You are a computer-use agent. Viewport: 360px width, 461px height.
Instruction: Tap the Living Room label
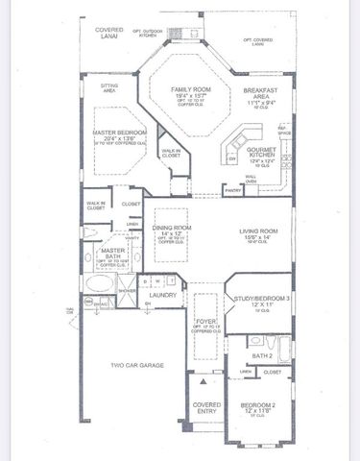259,231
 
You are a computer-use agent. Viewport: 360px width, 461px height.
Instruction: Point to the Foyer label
204,323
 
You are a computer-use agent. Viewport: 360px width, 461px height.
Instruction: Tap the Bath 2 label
261,355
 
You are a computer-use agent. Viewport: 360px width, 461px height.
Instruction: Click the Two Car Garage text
135,366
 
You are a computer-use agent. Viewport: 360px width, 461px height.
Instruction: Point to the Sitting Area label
108,87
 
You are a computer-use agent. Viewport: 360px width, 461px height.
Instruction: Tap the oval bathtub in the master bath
100,285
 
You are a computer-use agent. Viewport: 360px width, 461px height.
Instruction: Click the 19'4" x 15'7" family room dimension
179,97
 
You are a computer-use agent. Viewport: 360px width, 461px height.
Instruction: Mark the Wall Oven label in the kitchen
251,178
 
